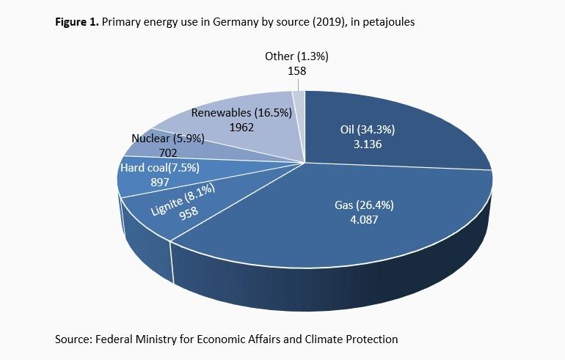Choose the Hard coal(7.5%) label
pyautogui.click(x=157, y=168)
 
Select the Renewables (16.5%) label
pyautogui.click(x=241, y=113)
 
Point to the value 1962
pyautogui.click(x=241, y=126)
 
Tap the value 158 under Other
pyautogui.click(x=297, y=71)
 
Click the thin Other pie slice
pyautogui.click(x=299, y=99)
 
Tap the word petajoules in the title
pyautogui.click(x=388, y=22)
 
